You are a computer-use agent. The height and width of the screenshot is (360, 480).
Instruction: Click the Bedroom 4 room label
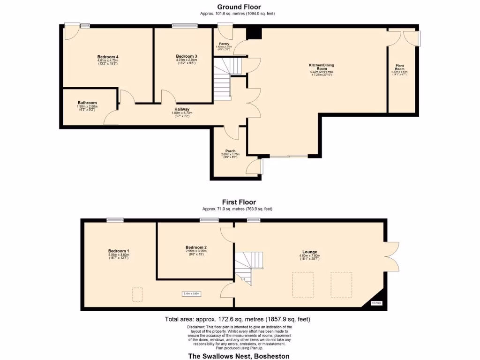tap(107, 57)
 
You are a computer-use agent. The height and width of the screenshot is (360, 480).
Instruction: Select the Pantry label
tap(224, 44)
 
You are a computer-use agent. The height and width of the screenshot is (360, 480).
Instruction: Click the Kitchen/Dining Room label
tap(321, 65)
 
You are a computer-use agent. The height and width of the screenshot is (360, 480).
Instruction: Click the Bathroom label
tap(87, 103)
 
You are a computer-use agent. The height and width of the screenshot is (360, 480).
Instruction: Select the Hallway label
tap(182, 109)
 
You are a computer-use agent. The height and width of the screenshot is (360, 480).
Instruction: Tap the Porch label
tap(230, 151)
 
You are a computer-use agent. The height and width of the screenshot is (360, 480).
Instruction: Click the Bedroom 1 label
tap(119, 251)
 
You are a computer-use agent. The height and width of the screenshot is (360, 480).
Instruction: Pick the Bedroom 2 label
tap(196, 247)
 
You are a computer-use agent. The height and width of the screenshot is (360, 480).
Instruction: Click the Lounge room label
tap(309, 252)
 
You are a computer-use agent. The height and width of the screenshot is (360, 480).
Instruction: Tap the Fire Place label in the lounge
tap(376, 303)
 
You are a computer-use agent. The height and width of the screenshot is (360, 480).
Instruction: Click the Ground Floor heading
tap(239, 7)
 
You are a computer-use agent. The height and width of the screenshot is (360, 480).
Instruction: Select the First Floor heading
tap(239, 202)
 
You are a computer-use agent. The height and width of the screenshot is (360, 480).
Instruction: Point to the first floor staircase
tap(244, 265)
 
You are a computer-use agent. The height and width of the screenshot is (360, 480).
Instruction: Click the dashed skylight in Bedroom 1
tap(137, 294)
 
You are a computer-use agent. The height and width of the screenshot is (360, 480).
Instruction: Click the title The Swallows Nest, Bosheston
tap(239, 356)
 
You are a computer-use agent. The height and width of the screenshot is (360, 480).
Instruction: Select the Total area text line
tap(237, 319)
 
